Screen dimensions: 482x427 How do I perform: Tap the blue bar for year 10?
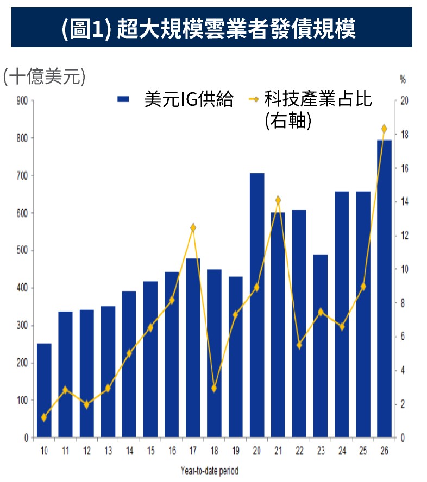coord(44,390)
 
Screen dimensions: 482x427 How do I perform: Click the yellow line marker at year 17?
coord(193,227)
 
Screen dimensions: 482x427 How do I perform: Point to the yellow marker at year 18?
coord(214,388)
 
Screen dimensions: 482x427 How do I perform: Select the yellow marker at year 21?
coord(278,200)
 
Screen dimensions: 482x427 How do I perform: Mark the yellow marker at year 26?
coord(384,129)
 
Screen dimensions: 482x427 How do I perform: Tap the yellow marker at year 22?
coord(299,345)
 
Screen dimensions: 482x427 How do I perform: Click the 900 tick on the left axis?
coord(22,100)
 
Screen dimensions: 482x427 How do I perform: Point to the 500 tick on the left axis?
coord(22,250)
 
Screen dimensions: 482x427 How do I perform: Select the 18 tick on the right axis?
coord(404,135)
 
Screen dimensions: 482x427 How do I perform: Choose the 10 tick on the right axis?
coord(404,269)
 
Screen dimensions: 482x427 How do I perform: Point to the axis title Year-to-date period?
coord(210,471)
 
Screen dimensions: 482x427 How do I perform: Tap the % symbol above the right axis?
coord(403,80)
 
